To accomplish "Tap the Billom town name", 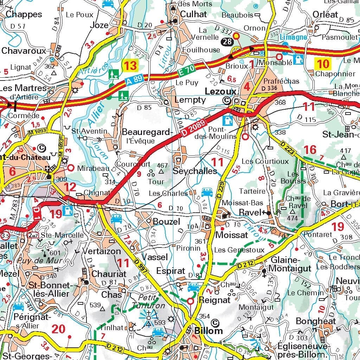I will coord(208,330).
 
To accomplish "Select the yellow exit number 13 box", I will coord(129,65).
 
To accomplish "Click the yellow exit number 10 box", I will coord(322,64).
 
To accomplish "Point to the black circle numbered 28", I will coord(227,42).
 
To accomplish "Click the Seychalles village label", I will coord(194,171).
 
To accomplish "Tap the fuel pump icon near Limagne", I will coord(298,59).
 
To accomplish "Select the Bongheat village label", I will coord(315,321).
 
